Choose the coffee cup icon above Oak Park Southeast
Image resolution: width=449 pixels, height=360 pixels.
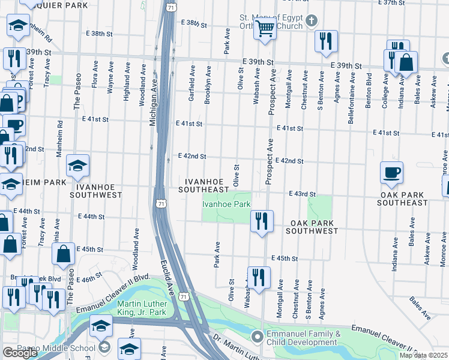coord(391,173)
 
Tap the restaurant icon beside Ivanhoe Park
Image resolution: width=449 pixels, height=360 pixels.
coord(262,221)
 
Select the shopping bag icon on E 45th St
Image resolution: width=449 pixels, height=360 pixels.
coord(64,254)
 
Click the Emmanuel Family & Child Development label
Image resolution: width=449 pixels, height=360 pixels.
coord(303,338)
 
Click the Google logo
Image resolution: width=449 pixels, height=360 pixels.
coord(20,353)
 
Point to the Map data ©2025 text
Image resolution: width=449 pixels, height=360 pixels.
coord(423,355)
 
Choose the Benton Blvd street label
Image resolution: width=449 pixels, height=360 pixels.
coord(369,88)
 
